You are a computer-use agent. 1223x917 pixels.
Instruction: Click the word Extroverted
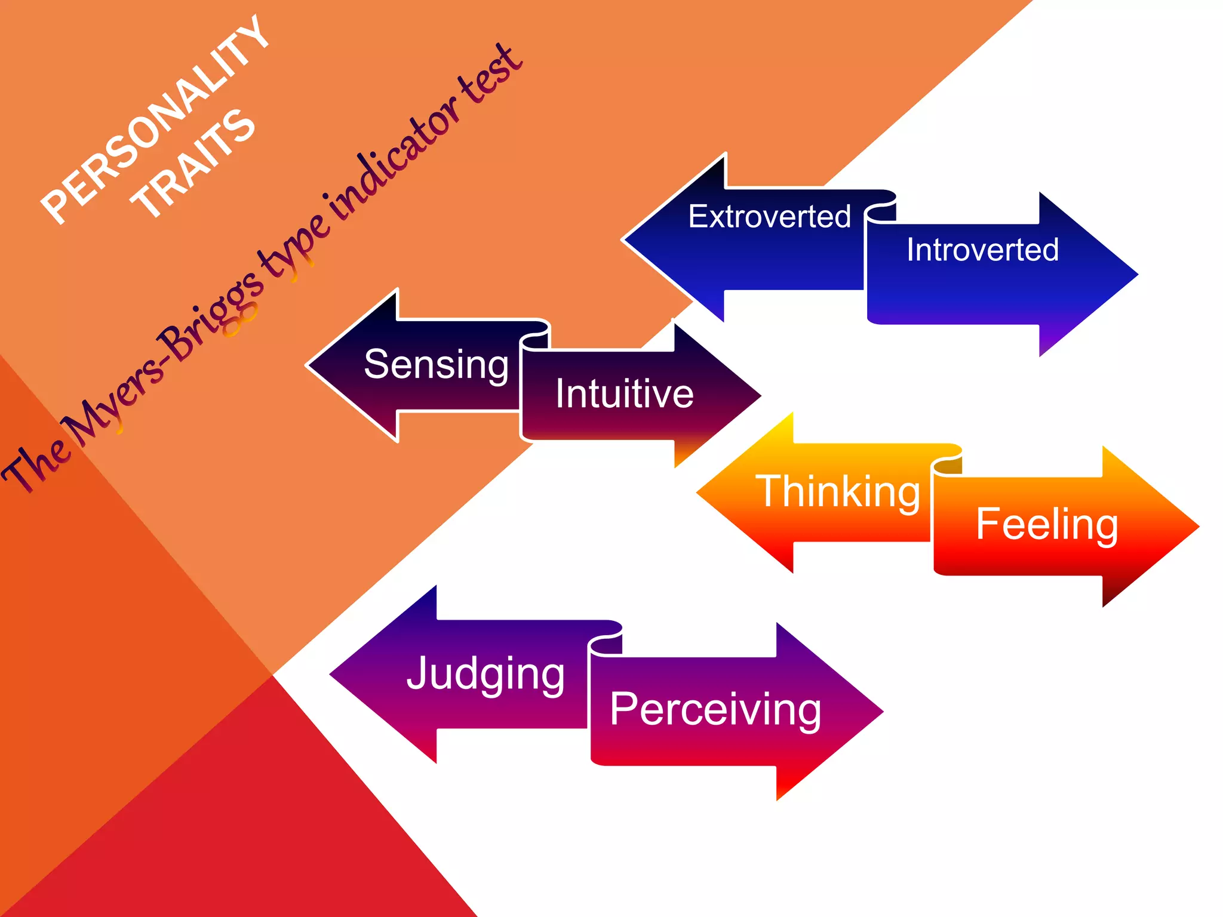[x=769, y=216]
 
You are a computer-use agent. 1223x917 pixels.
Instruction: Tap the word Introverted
[x=982, y=250]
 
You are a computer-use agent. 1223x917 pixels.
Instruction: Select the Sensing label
[x=436, y=364]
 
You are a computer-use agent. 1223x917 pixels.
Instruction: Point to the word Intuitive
[x=624, y=394]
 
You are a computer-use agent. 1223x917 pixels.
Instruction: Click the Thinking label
[x=838, y=492]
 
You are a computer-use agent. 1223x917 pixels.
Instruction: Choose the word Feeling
[x=1046, y=524]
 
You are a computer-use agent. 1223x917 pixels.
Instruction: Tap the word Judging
[x=485, y=673]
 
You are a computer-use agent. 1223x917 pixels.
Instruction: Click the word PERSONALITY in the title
[x=155, y=119]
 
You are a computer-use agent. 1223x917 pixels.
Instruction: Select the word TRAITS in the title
[x=194, y=164]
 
